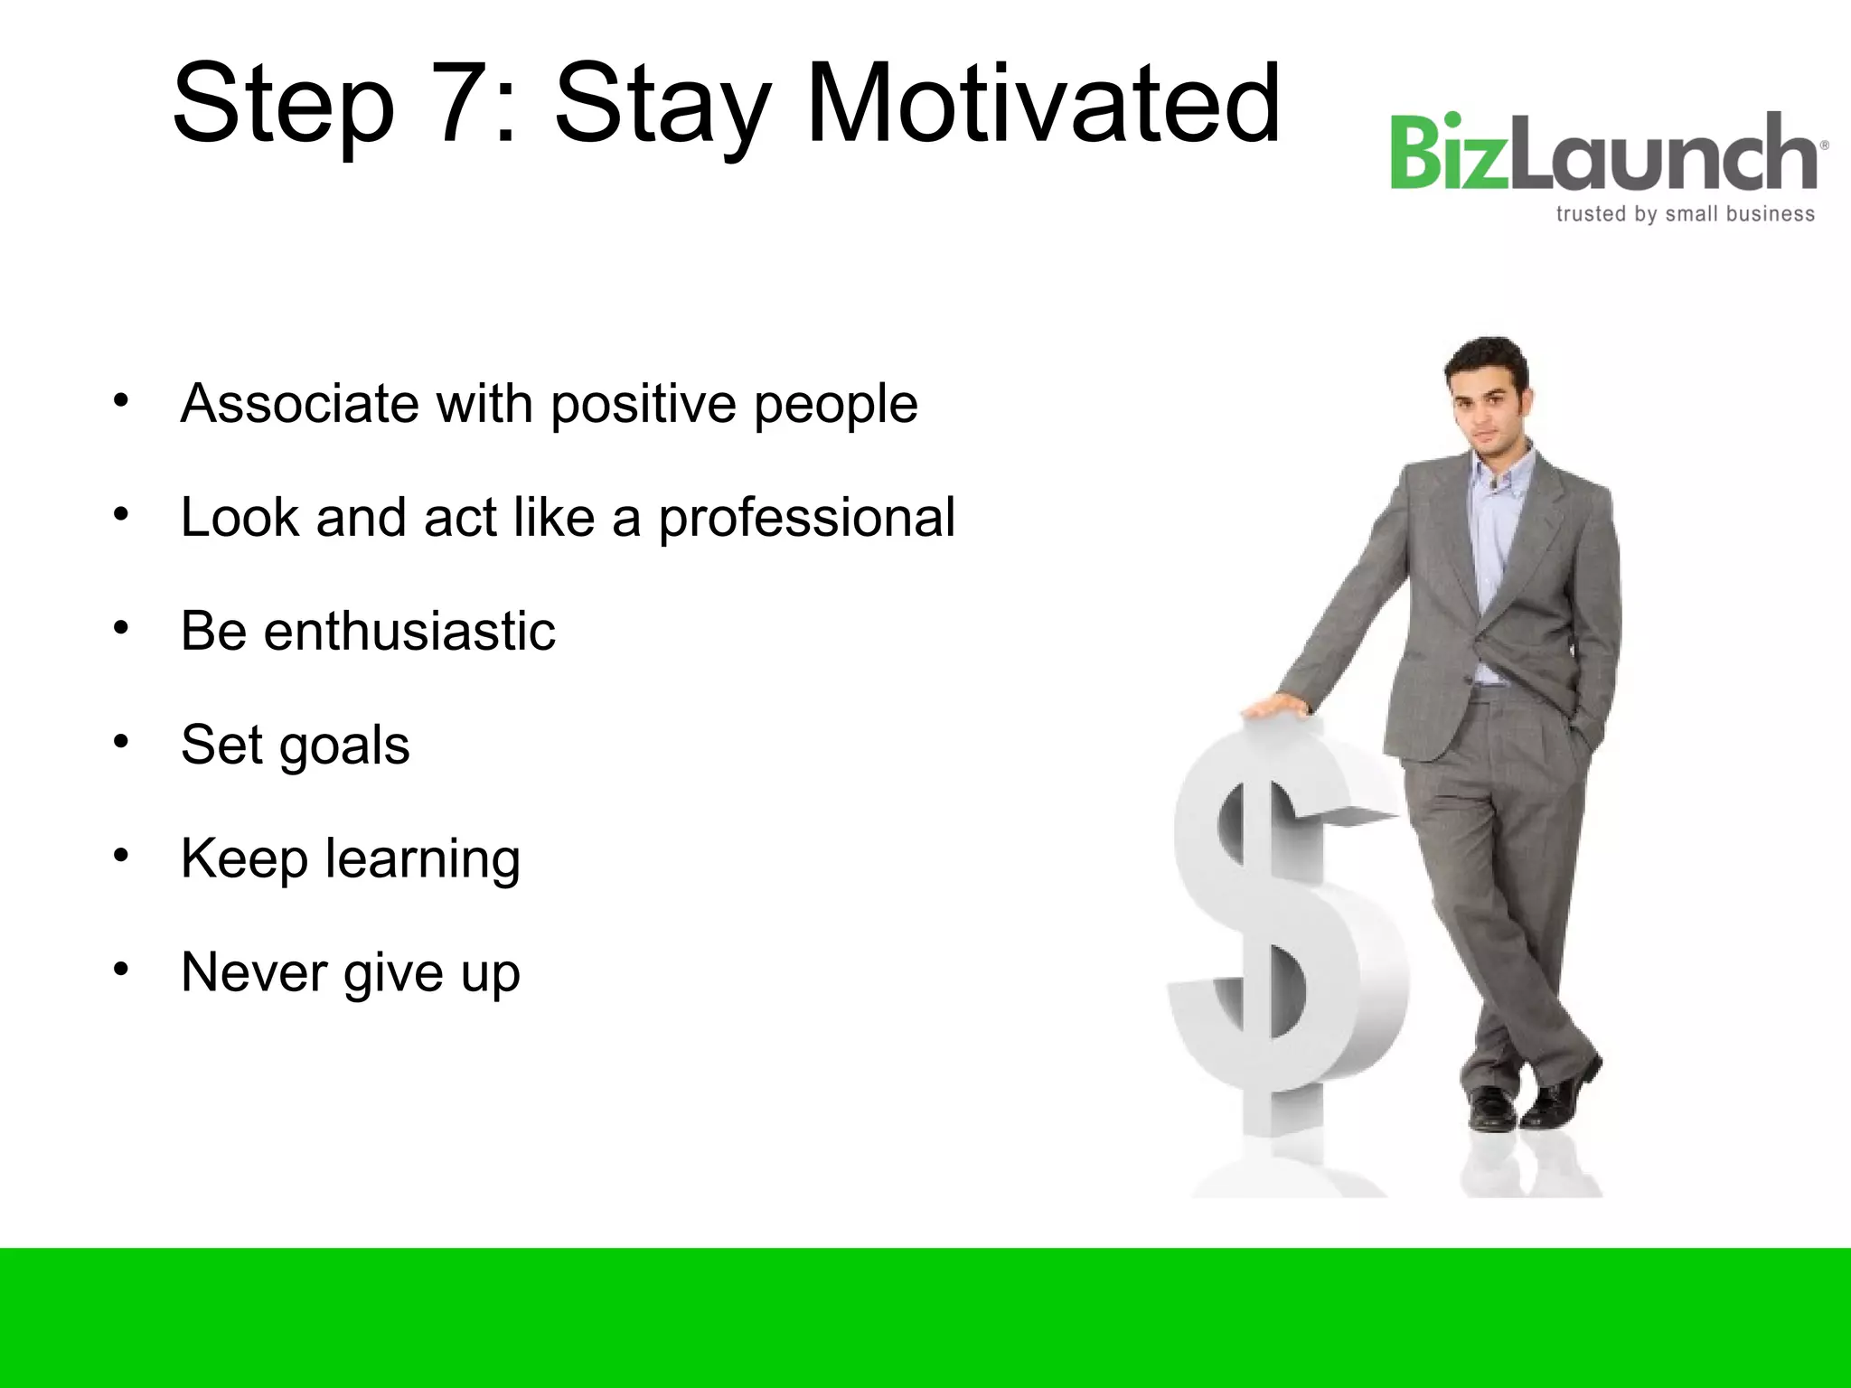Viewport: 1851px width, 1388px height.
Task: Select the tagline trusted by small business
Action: click(x=1685, y=214)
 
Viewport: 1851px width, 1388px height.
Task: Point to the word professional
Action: click(x=805, y=519)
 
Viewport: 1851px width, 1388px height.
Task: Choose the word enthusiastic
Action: click(x=409, y=631)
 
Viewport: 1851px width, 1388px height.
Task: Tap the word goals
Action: click(x=344, y=746)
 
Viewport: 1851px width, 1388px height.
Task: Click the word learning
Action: click(x=422, y=860)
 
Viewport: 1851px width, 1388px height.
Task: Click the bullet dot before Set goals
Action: click(x=121, y=742)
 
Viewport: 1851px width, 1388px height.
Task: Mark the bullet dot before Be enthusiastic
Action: click(x=121, y=628)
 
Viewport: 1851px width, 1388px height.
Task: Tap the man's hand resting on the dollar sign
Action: click(x=1275, y=706)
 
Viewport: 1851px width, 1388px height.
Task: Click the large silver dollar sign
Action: click(x=1283, y=931)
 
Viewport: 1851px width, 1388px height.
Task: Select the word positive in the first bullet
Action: click(x=644, y=405)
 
